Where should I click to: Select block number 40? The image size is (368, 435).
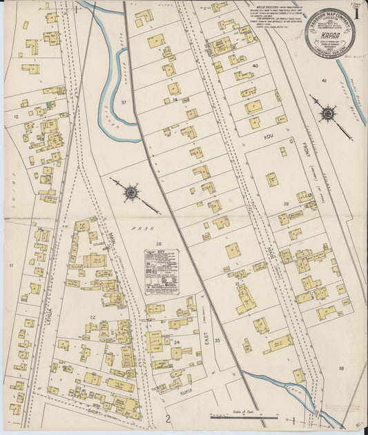tap(255, 66)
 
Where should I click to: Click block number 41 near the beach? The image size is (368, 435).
tap(323, 81)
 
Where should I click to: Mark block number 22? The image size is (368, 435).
tap(92, 317)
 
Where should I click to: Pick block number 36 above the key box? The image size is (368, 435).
tap(158, 243)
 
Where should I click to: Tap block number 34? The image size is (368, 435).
tap(176, 342)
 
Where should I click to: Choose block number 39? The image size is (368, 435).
tap(285, 204)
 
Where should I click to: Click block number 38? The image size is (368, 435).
tap(340, 368)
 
